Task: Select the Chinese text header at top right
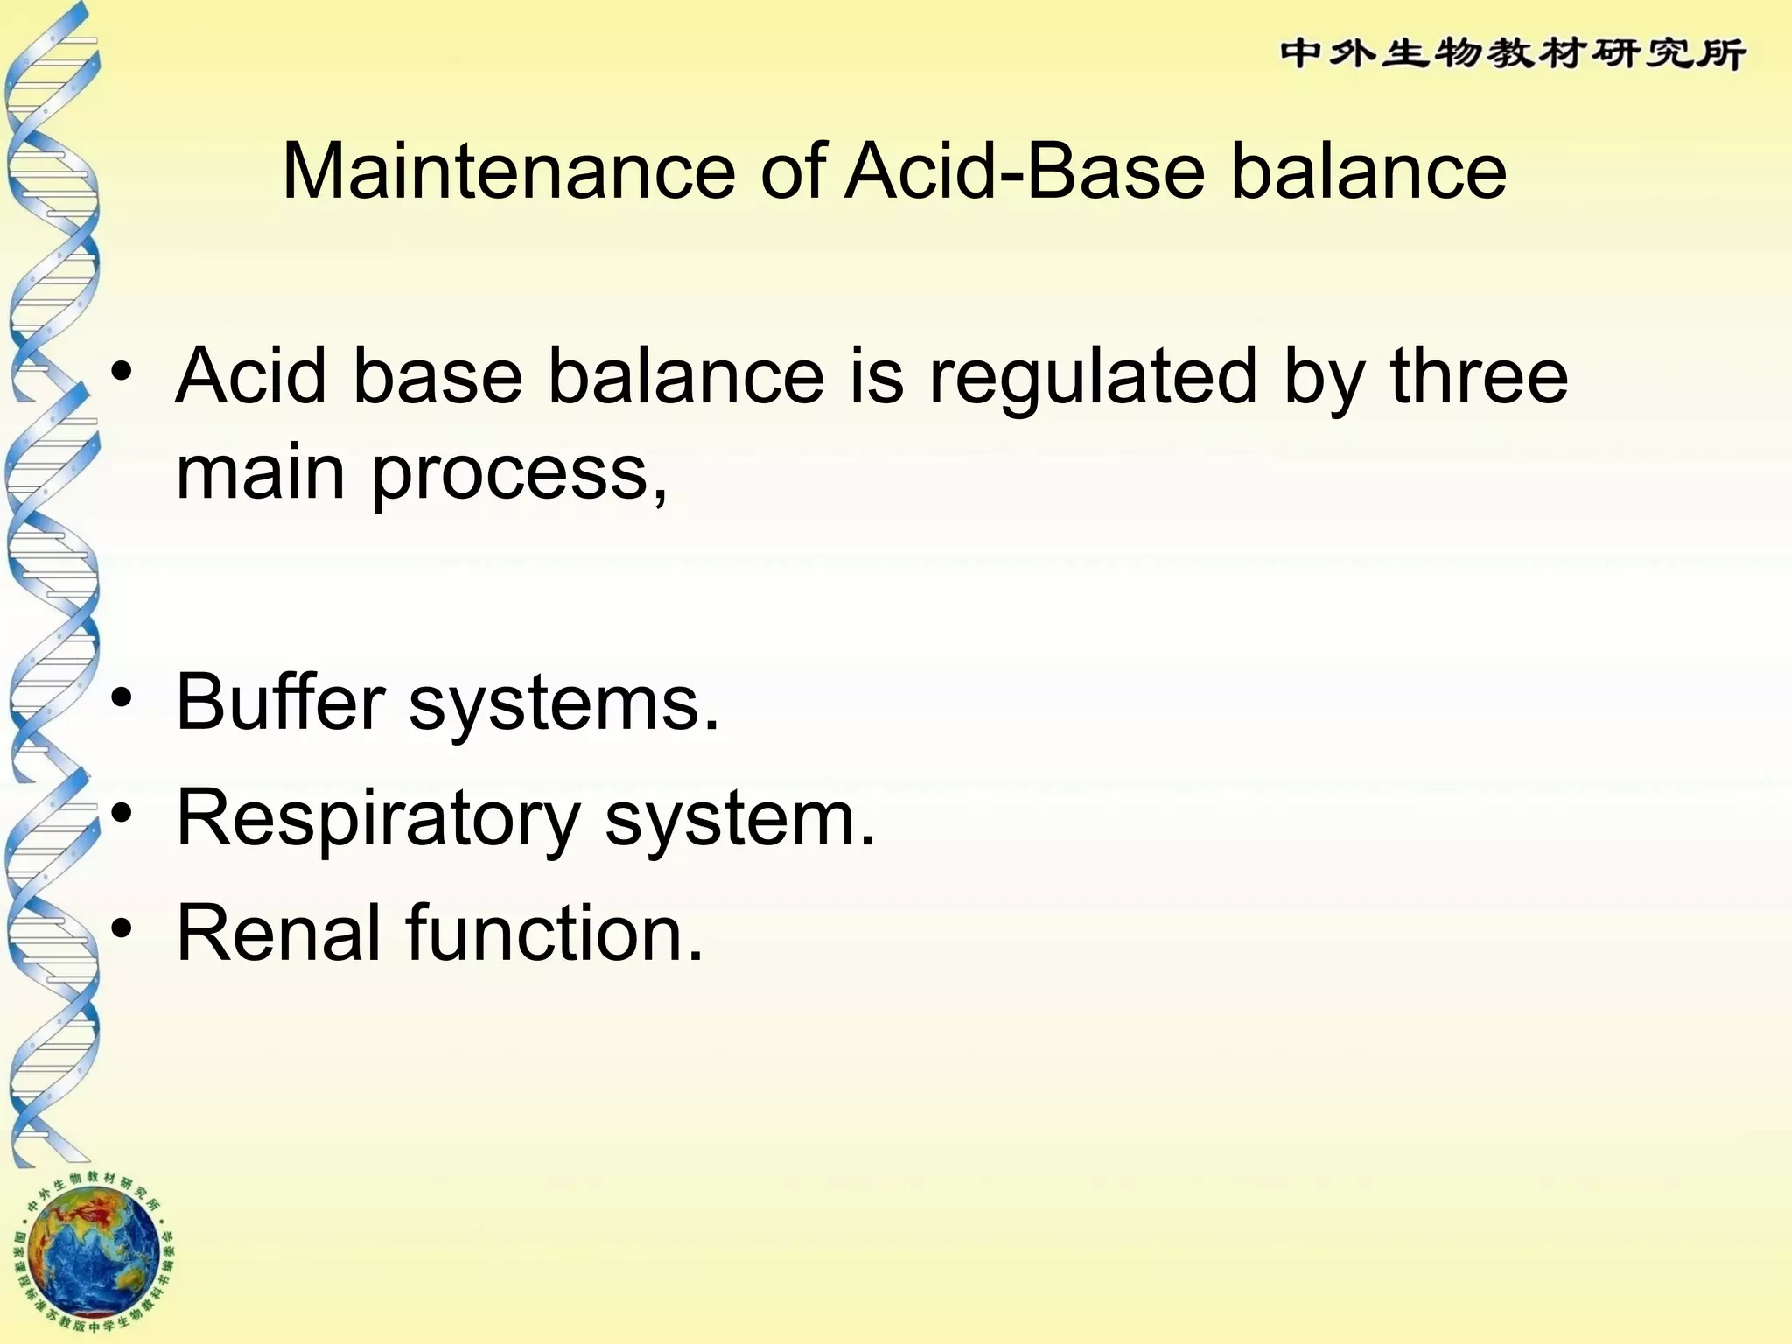1513,54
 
